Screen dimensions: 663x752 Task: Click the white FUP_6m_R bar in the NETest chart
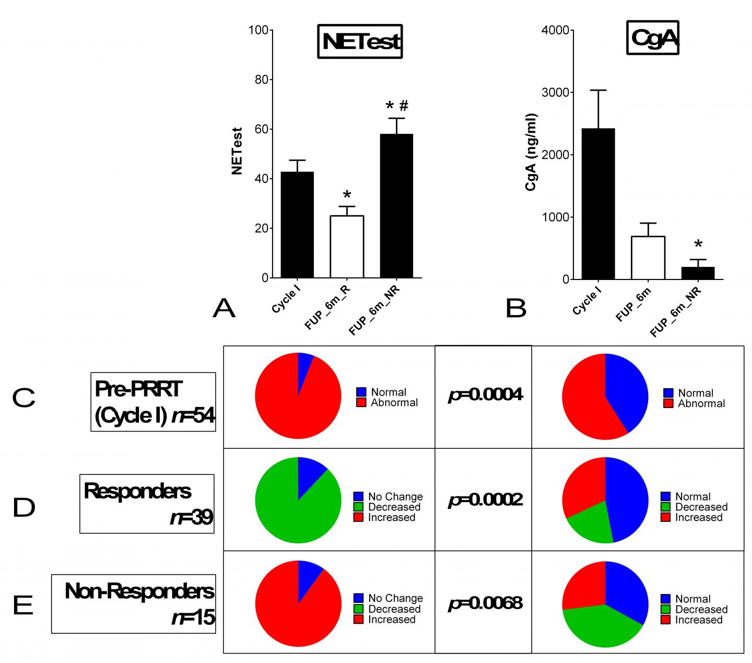pos(347,247)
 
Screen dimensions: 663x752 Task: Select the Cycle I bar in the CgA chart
pos(598,204)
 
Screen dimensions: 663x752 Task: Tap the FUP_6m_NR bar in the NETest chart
pos(396,206)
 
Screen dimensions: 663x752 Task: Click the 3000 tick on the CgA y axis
pos(557,92)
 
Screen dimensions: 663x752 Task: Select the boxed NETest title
pos(360,41)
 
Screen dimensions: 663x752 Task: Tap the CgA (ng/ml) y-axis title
pos(531,152)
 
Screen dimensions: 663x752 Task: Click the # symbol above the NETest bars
pos(404,106)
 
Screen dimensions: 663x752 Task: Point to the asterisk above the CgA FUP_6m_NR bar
pos(698,245)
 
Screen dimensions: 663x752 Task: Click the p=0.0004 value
pos(485,395)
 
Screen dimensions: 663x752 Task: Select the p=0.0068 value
pos(485,603)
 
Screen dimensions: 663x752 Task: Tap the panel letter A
pos(224,309)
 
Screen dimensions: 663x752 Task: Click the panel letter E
pos(23,606)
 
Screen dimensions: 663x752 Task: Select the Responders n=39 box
pos(147,504)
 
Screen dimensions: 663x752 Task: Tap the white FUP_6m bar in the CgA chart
pos(648,258)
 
